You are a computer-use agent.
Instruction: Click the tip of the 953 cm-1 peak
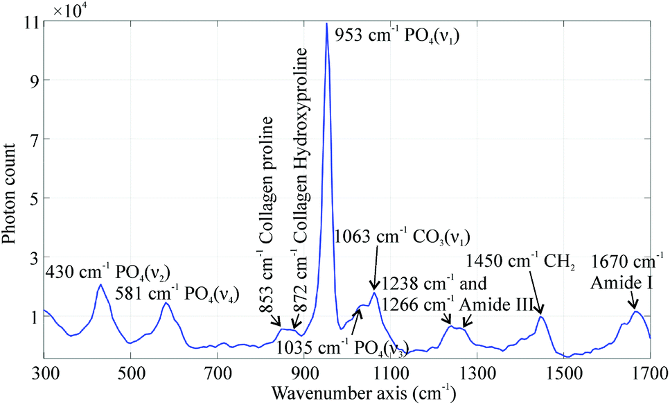[326, 24]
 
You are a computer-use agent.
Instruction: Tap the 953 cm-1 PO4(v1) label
[398, 33]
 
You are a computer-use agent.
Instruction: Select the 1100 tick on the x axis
[390, 373]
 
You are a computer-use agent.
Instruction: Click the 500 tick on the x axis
[130, 373]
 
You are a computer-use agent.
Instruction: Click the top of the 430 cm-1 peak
[100, 284]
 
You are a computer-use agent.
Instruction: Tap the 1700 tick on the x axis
[650, 373]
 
